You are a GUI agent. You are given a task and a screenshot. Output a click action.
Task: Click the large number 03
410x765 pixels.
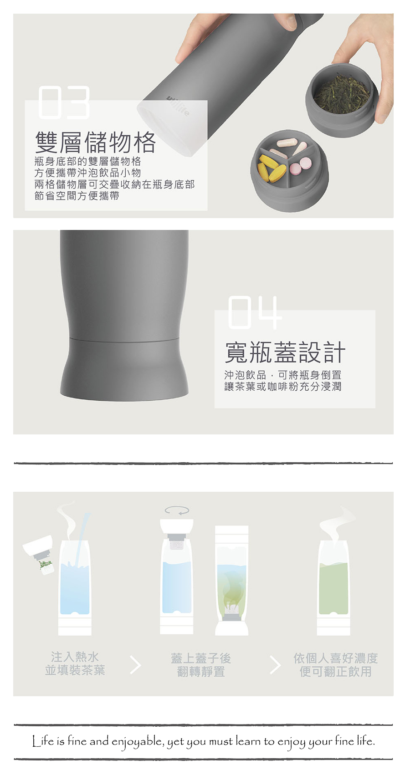pyautogui.click(x=64, y=102)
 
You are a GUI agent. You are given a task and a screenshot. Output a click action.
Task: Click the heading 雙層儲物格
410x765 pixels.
pyautogui.click(x=96, y=142)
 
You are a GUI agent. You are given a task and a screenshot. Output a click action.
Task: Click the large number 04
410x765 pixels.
pyautogui.click(x=255, y=312)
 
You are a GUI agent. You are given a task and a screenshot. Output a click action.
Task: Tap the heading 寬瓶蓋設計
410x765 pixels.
pyautogui.click(x=285, y=352)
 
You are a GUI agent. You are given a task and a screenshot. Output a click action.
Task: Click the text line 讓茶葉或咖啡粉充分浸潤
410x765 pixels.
pyautogui.click(x=283, y=387)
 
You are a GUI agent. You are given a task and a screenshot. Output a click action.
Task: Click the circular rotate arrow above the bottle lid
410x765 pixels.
pyautogui.click(x=177, y=510)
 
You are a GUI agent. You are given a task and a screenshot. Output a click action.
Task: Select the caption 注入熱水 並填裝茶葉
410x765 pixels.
pyautogui.click(x=75, y=663)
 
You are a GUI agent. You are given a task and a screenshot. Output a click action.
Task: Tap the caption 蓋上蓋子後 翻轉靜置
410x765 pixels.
pyautogui.click(x=201, y=665)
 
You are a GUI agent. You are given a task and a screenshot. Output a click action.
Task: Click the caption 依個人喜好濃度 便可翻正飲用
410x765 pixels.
pyautogui.click(x=335, y=665)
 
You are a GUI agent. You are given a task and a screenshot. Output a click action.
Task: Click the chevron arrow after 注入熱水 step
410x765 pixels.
pyautogui.click(x=136, y=665)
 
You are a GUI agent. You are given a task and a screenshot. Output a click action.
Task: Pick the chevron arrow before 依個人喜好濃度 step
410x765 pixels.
pyautogui.click(x=275, y=665)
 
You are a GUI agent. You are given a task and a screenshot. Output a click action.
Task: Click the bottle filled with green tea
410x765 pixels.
pyautogui.click(x=333, y=587)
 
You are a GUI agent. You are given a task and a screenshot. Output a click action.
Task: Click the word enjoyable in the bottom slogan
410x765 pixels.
pyautogui.click(x=137, y=741)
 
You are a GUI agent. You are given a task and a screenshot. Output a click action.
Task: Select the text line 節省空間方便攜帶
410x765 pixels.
pyautogui.click(x=77, y=196)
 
